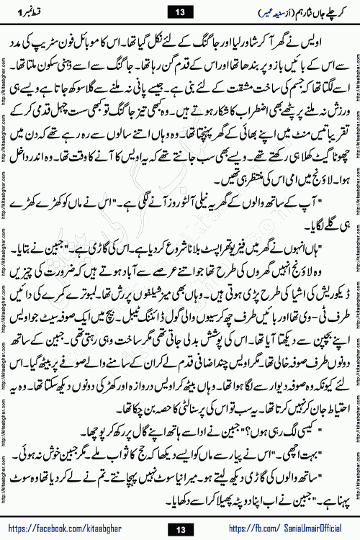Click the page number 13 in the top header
(x=179, y=10)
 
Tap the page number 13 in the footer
(x=179, y=529)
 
